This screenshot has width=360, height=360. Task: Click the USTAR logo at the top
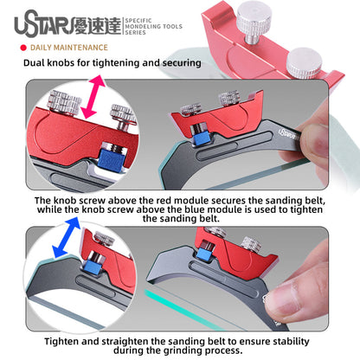(x=43, y=23)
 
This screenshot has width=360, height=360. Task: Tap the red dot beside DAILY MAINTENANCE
(x=23, y=48)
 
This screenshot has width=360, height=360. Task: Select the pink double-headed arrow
(x=93, y=97)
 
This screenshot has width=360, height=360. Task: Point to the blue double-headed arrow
(x=66, y=237)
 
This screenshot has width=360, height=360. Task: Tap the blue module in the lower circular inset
(x=93, y=267)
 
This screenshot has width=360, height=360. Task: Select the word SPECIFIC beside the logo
(x=138, y=21)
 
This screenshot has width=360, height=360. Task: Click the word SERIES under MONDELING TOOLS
(x=135, y=33)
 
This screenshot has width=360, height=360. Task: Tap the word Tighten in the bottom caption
(x=61, y=341)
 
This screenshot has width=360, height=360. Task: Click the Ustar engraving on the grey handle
(x=288, y=133)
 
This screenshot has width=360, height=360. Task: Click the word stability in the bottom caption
(x=291, y=341)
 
